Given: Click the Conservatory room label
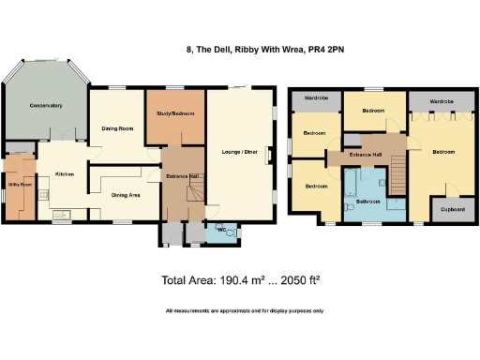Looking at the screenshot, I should (x=45, y=105).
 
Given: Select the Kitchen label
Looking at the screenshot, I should (x=64, y=174).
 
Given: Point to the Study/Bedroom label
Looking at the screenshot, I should (x=175, y=113).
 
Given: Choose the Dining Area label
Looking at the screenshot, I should (x=127, y=195).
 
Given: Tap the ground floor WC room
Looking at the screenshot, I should (x=221, y=232).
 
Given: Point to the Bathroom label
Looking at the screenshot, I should (x=368, y=202).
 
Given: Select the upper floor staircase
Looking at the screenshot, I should (x=397, y=172).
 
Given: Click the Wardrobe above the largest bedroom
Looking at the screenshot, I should (x=442, y=97).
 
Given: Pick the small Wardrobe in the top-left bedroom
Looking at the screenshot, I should (x=315, y=97).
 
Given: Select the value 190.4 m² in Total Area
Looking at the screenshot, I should (x=243, y=279).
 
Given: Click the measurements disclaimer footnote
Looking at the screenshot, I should (x=244, y=310).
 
